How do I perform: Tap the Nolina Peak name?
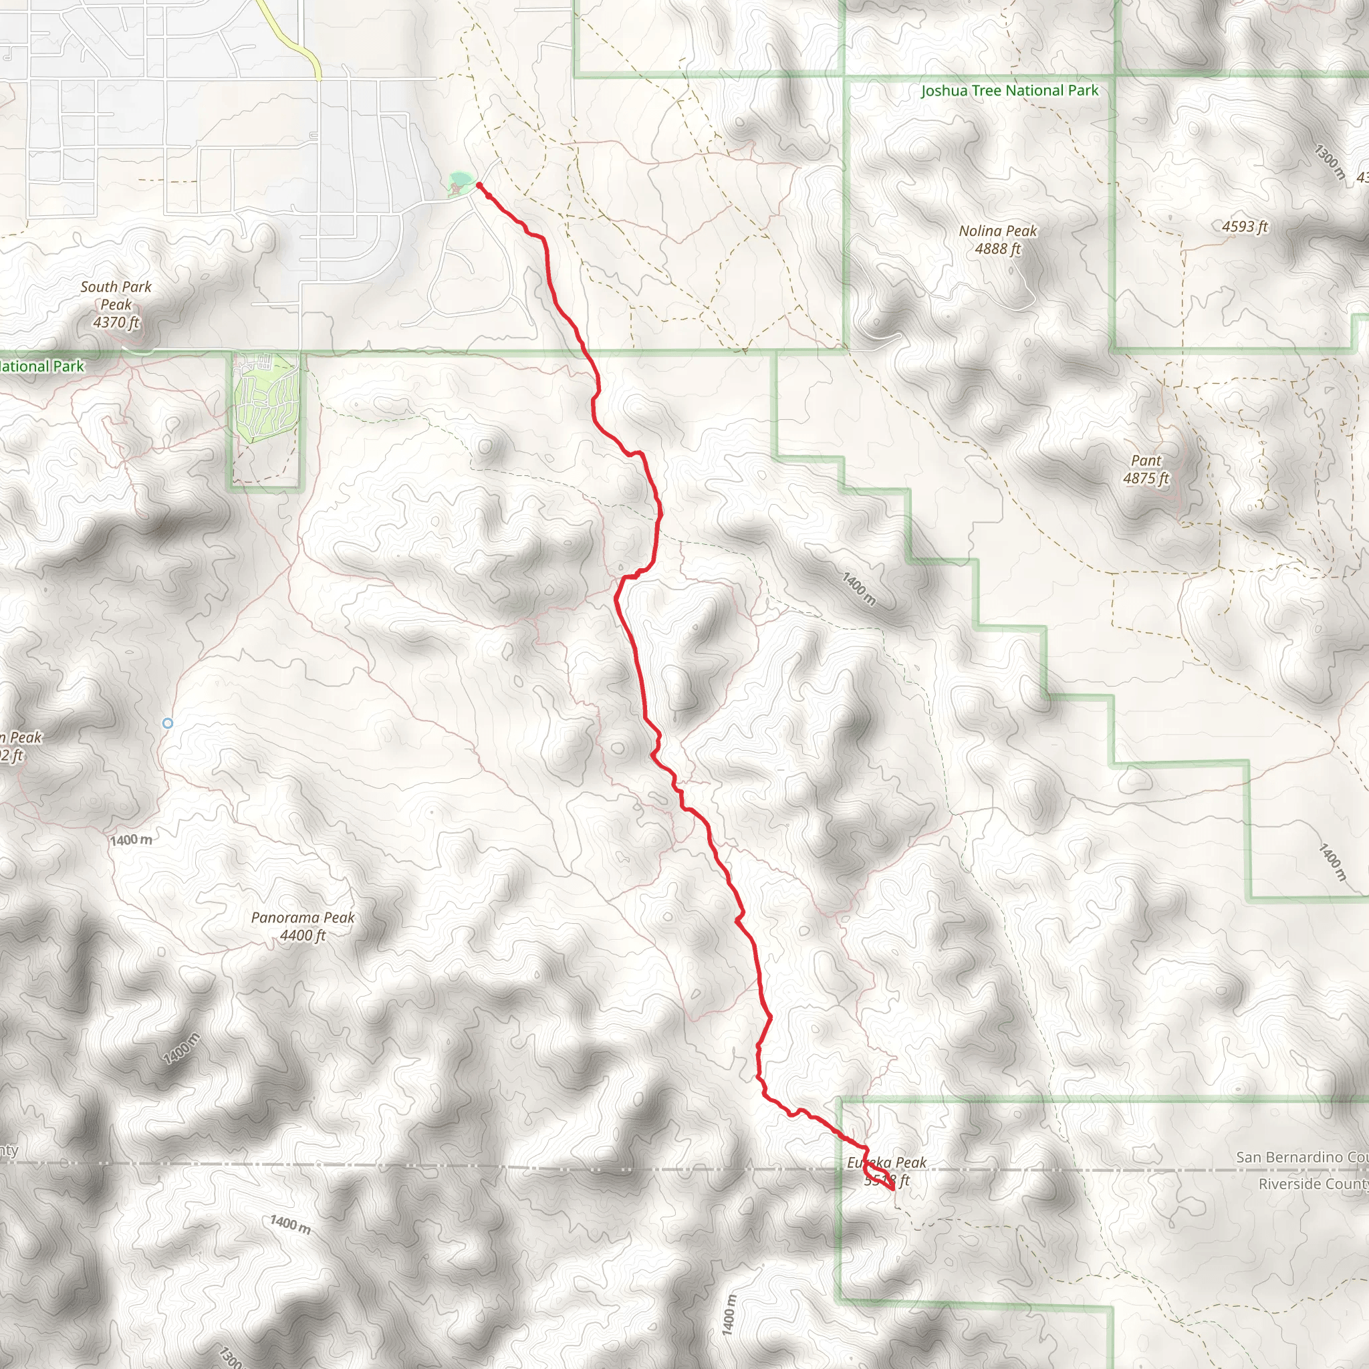tap(998, 231)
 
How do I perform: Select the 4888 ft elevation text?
tap(998, 249)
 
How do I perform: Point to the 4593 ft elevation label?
tap(1245, 227)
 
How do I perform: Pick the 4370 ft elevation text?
tap(116, 322)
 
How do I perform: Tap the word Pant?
tap(1146, 461)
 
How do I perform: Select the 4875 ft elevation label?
tap(1146, 479)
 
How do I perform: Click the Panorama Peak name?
tap(303, 918)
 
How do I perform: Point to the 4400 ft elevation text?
tap(303, 935)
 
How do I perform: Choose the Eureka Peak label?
tap(886, 1163)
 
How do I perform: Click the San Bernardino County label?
tap(1301, 1157)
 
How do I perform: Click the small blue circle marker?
tap(167, 723)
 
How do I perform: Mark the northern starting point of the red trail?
tap(480, 185)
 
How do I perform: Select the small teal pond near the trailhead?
tap(460, 178)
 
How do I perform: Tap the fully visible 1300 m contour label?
tap(1329, 162)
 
